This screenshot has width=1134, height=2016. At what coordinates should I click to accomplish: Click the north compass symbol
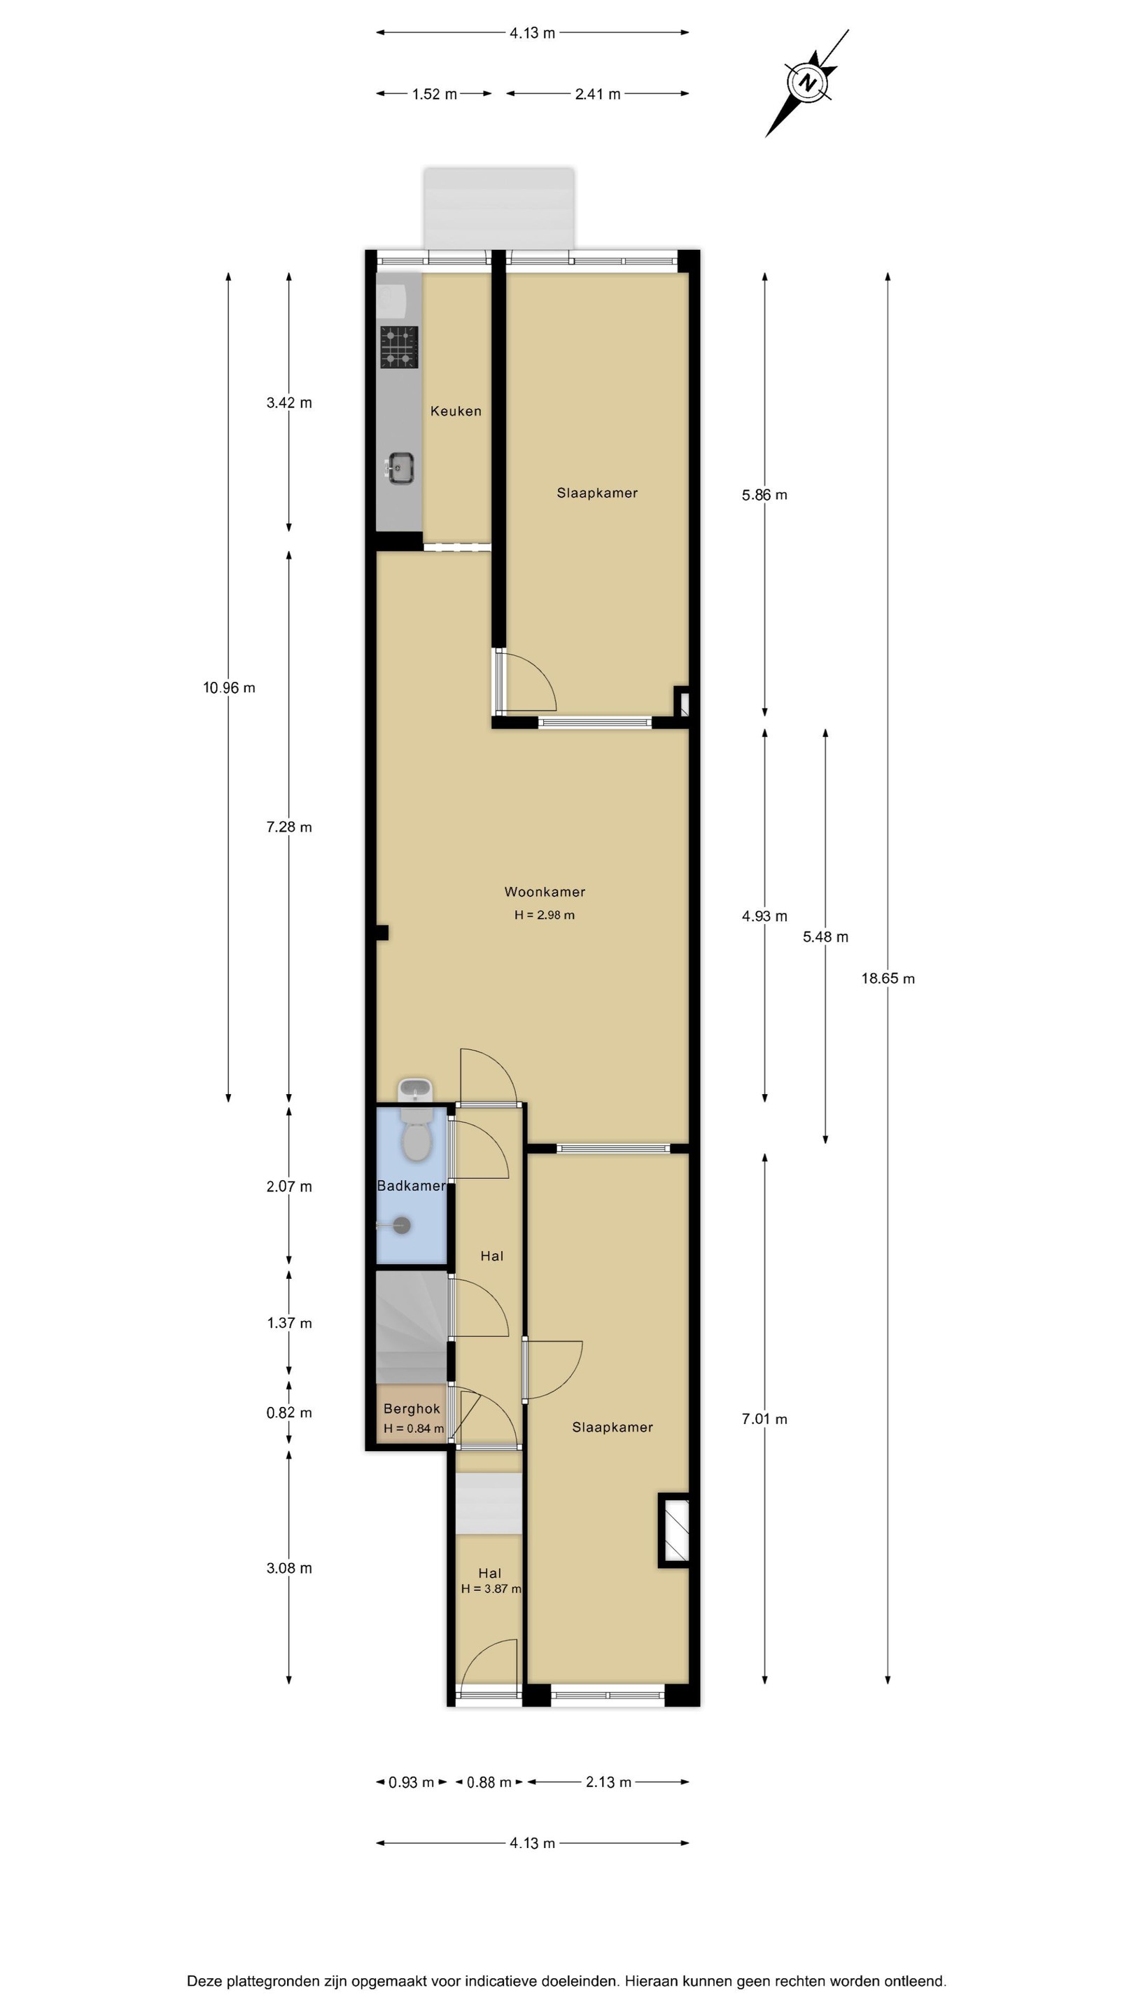(807, 83)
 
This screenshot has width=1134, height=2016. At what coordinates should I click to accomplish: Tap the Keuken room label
(456, 411)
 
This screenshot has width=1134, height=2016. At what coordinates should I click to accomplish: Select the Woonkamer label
(545, 891)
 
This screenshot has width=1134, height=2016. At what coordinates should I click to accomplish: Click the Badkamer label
(412, 1186)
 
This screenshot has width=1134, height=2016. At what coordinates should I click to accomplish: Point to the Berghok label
(412, 1408)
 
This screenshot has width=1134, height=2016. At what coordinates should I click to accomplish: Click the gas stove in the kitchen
(399, 346)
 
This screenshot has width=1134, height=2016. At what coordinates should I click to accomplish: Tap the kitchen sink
(400, 468)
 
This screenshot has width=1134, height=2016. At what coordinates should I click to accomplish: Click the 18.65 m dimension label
(888, 979)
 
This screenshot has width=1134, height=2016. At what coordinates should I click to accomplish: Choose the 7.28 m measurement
(289, 827)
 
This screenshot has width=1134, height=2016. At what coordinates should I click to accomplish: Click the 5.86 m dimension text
(764, 495)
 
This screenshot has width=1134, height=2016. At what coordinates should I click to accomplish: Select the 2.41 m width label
(597, 94)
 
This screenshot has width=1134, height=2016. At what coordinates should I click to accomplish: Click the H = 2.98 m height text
(545, 915)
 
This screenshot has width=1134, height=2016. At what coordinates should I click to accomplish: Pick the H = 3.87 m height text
(491, 1589)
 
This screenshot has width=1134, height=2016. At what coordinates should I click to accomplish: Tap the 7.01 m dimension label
(764, 1419)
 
